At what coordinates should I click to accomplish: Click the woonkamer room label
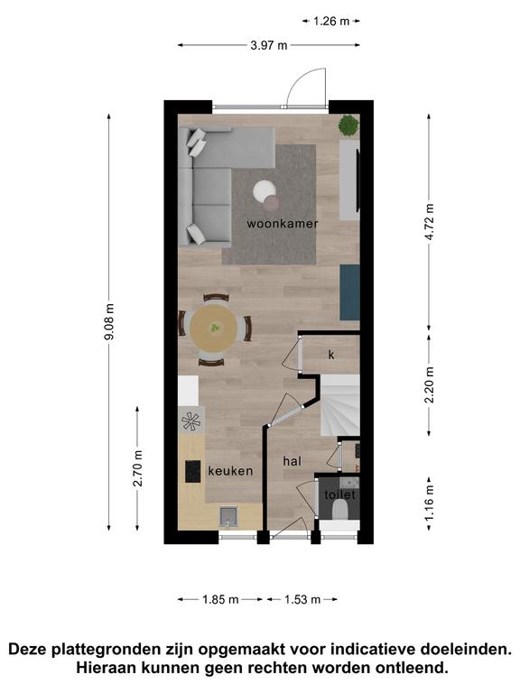(282, 224)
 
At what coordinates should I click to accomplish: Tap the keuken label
(230, 471)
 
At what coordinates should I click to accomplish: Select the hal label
(292, 461)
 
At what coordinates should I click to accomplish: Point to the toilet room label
(340, 494)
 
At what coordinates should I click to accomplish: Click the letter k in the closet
(331, 355)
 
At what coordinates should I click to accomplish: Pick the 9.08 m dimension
(109, 322)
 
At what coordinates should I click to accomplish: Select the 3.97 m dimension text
(269, 45)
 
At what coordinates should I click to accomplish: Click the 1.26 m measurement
(331, 21)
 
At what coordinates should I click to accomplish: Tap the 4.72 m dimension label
(429, 222)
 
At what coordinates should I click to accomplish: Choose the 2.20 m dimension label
(429, 385)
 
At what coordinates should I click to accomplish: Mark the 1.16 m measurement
(429, 504)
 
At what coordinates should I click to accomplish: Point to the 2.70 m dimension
(137, 468)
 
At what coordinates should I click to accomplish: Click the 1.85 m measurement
(220, 600)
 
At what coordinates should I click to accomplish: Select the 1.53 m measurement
(302, 600)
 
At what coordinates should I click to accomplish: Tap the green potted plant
(348, 125)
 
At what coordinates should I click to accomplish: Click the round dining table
(214, 328)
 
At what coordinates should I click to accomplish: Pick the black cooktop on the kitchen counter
(193, 472)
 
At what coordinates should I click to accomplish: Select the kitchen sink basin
(228, 517)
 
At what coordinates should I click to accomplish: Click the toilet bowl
(340, 510)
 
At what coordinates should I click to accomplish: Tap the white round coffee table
(265, 191)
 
